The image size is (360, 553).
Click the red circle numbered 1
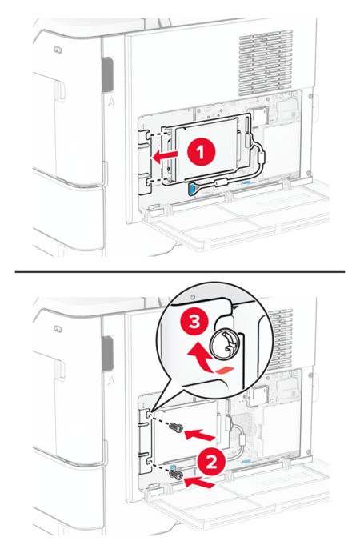coord(201,153)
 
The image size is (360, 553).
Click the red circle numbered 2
coord(211,462)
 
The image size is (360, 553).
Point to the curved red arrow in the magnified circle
coord(209,359)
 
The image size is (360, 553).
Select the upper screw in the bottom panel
coord(176,428)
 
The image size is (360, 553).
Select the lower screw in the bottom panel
coord(176,475)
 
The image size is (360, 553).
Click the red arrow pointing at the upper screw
coord(200,435)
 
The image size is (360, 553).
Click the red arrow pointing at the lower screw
coord(200,483)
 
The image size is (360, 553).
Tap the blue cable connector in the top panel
coord(192,188)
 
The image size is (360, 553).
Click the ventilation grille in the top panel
coord(266,63)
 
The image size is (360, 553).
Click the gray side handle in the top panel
coord(107,74)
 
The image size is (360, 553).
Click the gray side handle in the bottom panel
coord(107,354)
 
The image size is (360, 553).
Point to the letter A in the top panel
coord(111,102)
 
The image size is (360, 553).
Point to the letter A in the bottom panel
coord(111,381)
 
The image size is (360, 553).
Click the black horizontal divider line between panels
coord(180,271)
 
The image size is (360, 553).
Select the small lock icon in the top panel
coord(58,50)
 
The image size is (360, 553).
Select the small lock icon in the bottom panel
coord(58,329)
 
